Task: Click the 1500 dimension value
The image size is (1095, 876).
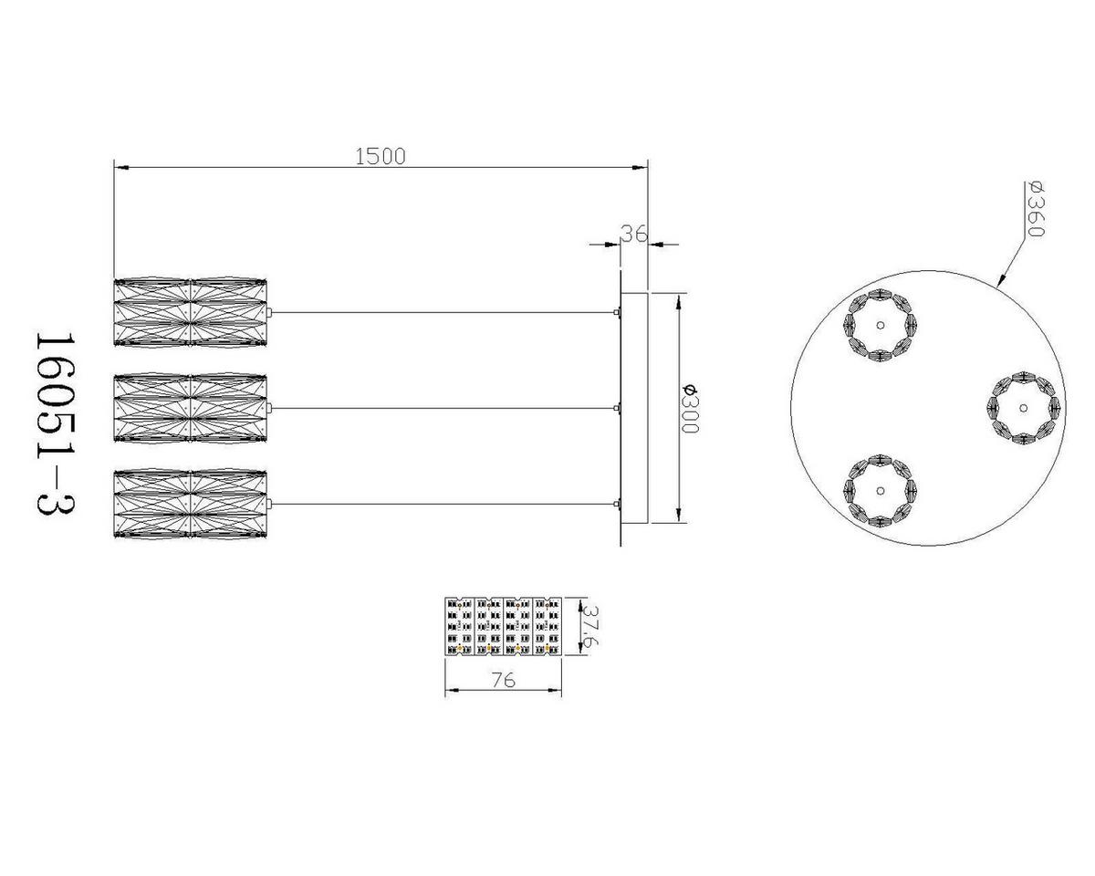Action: tap(380, 156)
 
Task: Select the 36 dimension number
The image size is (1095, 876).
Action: tap(633, 234)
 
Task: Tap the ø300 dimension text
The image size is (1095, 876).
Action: tap(690, 409)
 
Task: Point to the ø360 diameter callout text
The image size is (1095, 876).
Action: tap(1035, 209)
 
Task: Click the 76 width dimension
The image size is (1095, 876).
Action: tap(503, 680)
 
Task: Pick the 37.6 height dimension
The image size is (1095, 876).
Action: tap(590, 626)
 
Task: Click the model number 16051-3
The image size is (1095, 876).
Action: tap(54, 423)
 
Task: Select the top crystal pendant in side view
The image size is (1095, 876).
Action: tap(190, 313)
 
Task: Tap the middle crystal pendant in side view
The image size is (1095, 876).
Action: tap(190, 408)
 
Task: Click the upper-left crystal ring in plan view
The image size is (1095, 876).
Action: tap(880, 325)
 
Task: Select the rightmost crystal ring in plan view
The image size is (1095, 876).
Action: tap(1024, 407)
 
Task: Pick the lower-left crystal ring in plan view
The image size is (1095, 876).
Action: tap(880, 491)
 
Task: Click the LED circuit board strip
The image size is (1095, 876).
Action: tap(503, 626)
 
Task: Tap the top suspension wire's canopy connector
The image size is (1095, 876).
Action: tap(618, 313)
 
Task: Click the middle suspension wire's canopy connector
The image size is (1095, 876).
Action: tap(618, 408)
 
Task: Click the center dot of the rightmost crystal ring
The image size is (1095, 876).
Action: tap(1024, 407)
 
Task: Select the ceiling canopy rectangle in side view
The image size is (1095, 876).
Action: tap(634, 408)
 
